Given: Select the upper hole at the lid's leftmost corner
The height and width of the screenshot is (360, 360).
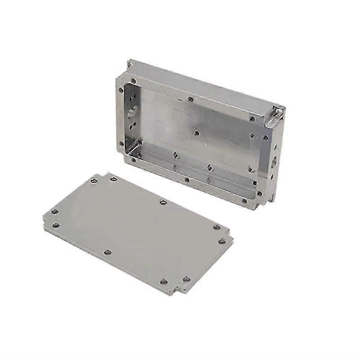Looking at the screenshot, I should (54, 211).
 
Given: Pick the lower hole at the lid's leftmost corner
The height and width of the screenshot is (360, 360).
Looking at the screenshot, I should (56, 225).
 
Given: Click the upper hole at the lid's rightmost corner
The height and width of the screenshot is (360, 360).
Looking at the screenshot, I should (216, 227).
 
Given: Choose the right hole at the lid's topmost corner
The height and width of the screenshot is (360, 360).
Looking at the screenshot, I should (114, 179).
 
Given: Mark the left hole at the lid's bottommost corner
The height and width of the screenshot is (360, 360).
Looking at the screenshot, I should (164, 282).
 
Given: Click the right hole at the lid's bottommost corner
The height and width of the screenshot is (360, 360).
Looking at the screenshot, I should (185, 279).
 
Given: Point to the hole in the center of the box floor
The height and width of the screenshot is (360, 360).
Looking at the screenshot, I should (196, 133).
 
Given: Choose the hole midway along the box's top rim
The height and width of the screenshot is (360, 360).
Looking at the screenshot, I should (191, 99).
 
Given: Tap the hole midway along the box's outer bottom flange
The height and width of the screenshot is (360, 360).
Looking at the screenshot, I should (186, 180).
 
